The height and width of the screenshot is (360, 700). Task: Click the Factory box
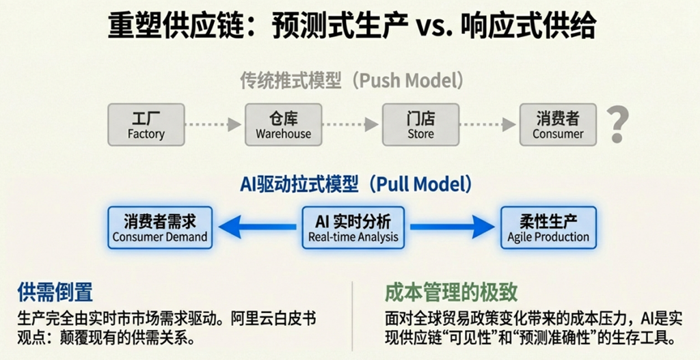coord(146,125)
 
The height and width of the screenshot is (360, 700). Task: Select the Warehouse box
coord(283,125)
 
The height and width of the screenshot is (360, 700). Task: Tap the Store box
coord(420,125)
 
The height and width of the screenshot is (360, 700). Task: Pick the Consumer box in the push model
coord(558,125)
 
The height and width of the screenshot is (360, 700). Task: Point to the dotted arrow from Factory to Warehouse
coord(213,125)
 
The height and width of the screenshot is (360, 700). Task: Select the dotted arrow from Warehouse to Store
coord(351,125)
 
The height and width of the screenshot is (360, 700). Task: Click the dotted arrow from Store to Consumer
coord(488,125)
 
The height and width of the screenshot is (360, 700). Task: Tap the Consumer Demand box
coord(160,227)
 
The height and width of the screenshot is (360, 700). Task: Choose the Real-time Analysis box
coord(353,227)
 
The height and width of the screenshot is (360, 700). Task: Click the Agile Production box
coord(548,227)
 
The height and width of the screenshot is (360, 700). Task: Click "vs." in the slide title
coord(431,28)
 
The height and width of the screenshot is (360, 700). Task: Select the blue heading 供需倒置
coord(55,293)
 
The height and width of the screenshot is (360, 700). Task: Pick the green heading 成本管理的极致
coord(451,293)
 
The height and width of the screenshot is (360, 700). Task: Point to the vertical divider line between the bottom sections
coord(352,316)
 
